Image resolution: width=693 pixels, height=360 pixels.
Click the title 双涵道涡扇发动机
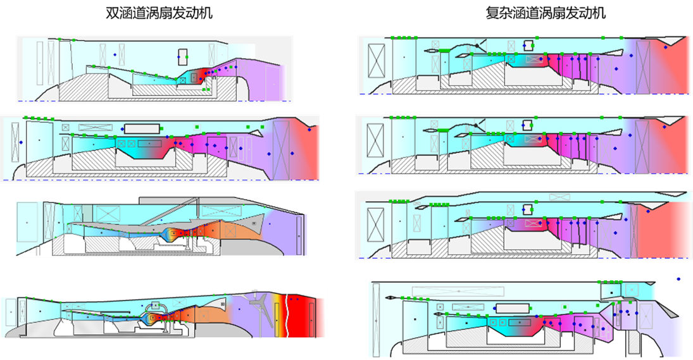[159, 13]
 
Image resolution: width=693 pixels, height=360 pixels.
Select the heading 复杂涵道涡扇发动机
[546, 13]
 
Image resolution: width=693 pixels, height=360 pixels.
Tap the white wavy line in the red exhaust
[287, 315]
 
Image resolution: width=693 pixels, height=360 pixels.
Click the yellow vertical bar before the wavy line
[277, 315]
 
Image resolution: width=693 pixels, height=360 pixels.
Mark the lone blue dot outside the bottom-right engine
[678, 279]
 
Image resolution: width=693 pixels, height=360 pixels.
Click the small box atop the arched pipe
[155, 305]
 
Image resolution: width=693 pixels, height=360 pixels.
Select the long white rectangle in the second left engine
[142, 129]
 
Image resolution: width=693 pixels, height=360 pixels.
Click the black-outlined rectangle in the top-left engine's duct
[182, 58]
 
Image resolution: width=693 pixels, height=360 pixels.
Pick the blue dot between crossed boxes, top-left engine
[115, 55]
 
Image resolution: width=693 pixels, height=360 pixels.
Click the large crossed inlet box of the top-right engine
[377, 61]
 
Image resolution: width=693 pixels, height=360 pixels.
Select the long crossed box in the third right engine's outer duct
[559, 197]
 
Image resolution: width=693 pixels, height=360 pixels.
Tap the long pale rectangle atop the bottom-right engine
[458, 292]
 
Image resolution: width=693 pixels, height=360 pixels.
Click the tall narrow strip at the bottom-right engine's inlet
[376, 320]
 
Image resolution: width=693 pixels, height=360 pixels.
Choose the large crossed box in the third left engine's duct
[108, 214]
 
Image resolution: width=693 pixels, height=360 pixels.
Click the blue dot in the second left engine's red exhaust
[309, 130]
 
